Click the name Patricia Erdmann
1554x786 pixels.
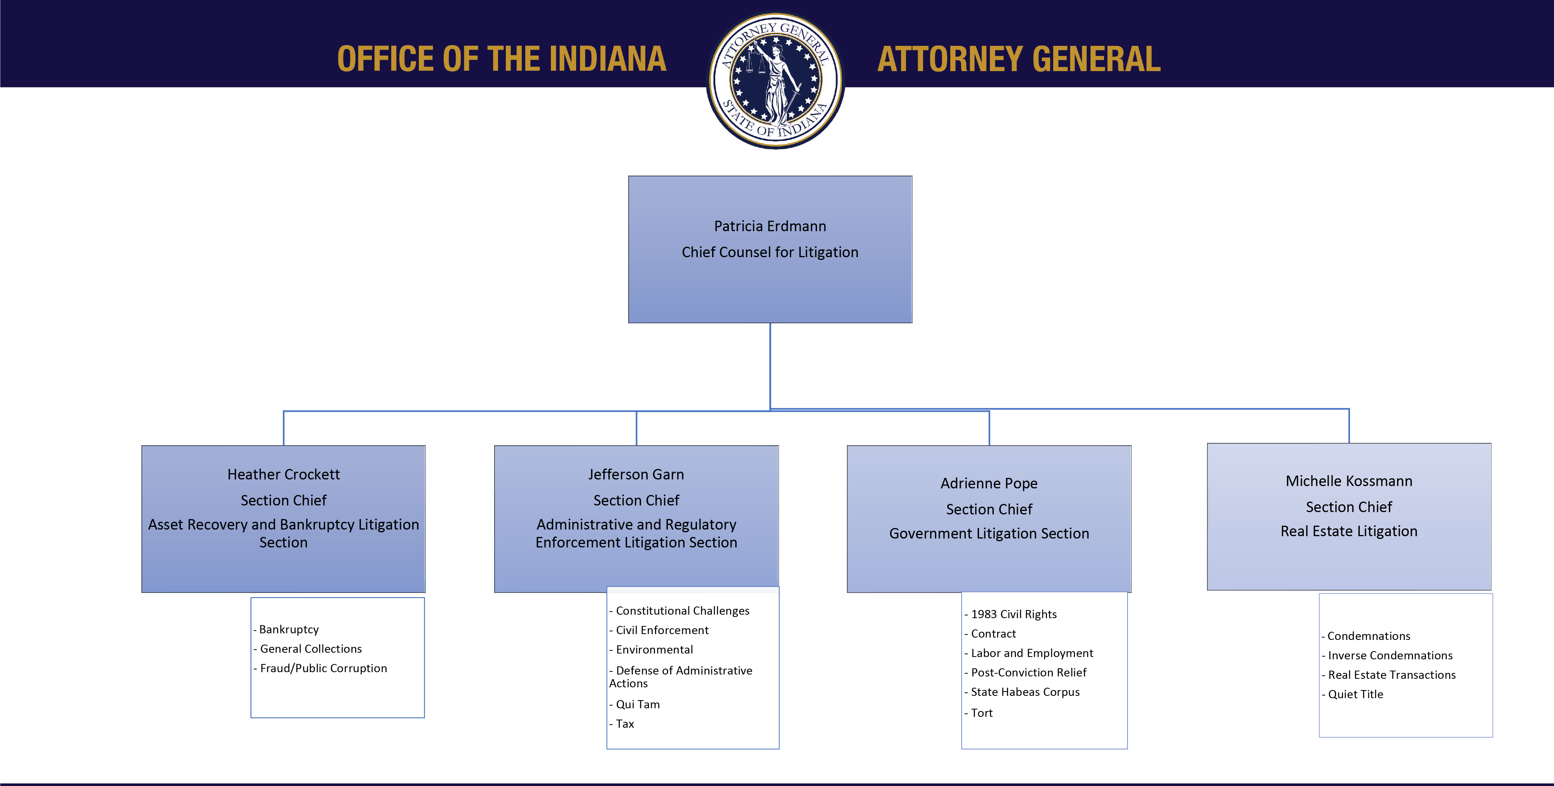pos(770,226)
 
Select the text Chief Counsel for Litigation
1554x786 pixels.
pos(770,252)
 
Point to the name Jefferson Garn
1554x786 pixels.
pos(636,475)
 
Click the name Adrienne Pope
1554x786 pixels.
pos(989,483)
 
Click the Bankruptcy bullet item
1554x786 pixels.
pos(288,629)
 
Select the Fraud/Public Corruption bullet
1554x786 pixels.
pos(323,668)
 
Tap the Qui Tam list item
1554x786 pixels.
pos(637,704)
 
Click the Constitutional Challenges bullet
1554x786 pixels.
pos(682,610)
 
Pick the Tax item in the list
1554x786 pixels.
pos(624,724)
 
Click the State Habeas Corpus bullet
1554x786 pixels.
pos(1024,692)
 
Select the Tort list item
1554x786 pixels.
pos(981,713)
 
